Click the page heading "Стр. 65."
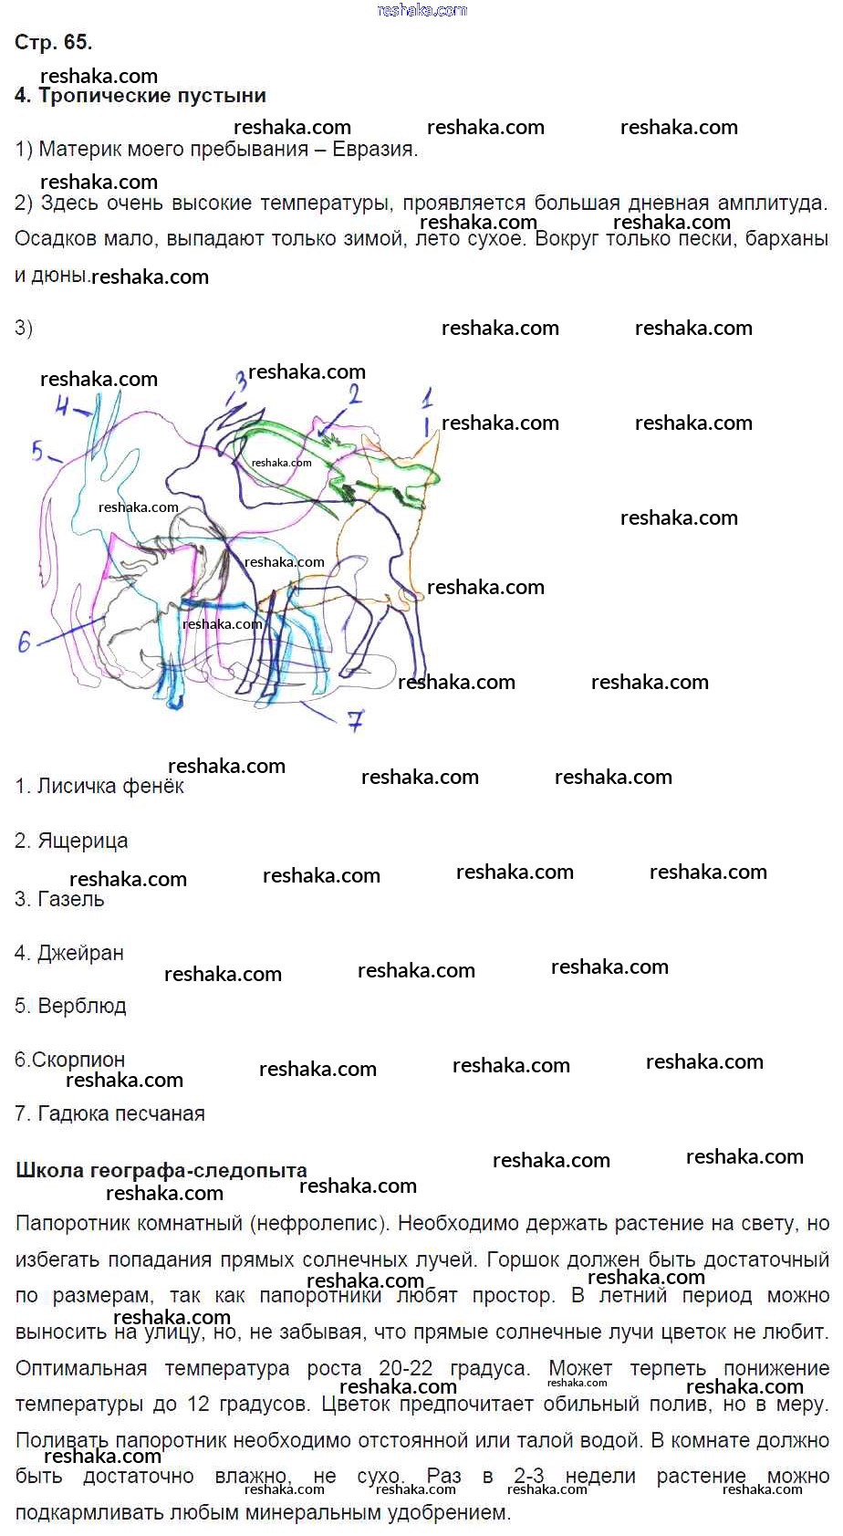pos(54,42)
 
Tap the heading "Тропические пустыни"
pos(152,95)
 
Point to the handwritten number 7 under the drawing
pos(355,720)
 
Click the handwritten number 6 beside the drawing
pos(25,642)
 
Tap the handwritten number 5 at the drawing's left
pos(37,451)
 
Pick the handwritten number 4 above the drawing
pos(62,407)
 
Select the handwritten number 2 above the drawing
pos(354,394)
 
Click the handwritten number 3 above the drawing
pos(241,380)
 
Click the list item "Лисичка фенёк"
pos(110,786)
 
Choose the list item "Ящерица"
pos(83,841)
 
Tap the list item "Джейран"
pos(81,953)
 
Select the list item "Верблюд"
pos(82,1006)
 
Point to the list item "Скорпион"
pos(78,1060)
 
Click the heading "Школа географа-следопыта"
pos(161,1170)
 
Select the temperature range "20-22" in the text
pos(406,1367)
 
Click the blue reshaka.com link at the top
pos(422,10)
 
